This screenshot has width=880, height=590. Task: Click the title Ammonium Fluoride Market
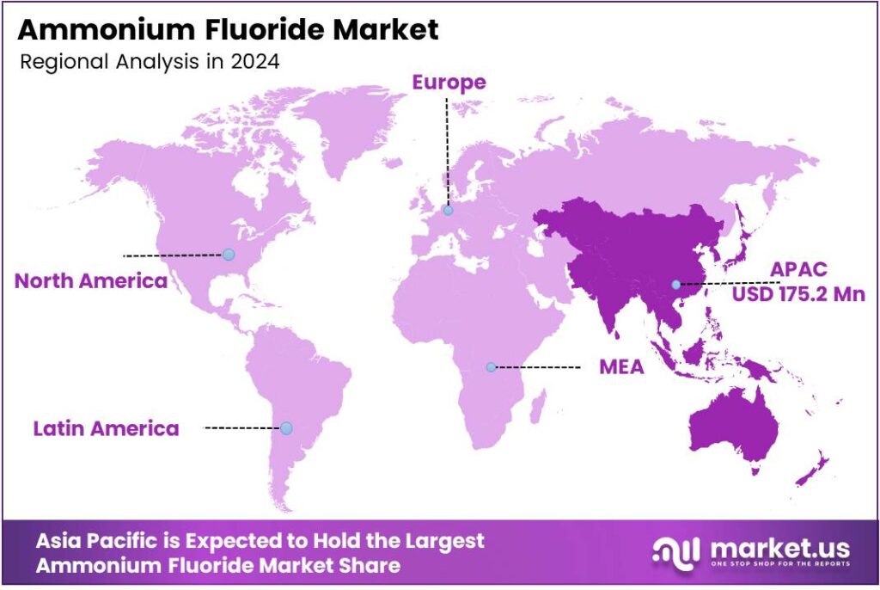[x=228, y=30]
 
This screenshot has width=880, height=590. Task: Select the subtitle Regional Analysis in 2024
[x=148, y=63]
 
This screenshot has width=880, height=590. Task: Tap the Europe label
[x=449, y=83]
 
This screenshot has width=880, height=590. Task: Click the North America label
[x=91, y=281]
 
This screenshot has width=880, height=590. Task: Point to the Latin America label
[x=107, y=427]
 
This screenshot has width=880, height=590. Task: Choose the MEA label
[x=621, y=368]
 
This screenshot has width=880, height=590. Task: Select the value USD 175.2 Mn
[x=798, y=294]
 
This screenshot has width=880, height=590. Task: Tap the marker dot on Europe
[x=448, y=210]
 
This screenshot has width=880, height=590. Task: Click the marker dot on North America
[x=228, y=255]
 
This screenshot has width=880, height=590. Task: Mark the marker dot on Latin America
[x=286, y=427]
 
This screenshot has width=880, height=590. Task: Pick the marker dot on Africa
[x=491, y=367]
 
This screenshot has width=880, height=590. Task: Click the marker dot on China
[x=676, y=284]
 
